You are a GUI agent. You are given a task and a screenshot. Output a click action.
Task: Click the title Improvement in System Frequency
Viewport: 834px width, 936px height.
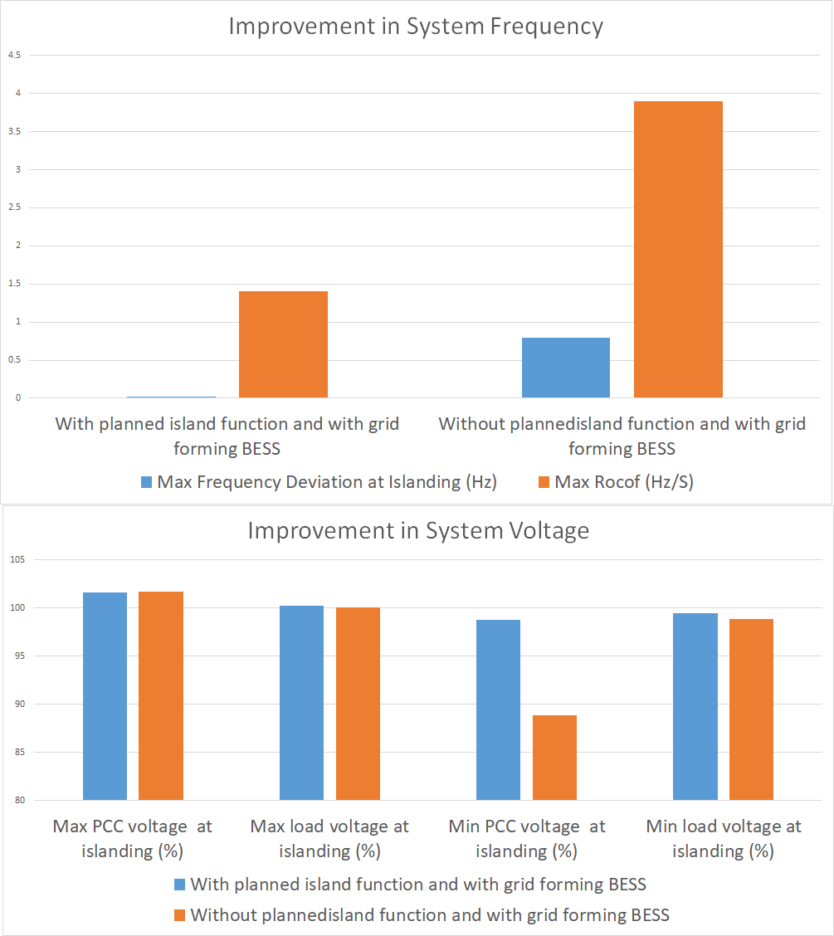click(416, 27)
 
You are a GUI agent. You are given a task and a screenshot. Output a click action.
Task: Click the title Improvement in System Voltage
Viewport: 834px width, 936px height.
click(418, 530)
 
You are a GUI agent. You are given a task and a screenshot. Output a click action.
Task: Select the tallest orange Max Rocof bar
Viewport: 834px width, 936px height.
click(678, 249)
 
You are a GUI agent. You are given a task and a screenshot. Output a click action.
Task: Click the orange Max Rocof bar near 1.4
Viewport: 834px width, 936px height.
click(283, 344)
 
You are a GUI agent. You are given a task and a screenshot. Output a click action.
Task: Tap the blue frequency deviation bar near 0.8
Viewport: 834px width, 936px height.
click(566, 368)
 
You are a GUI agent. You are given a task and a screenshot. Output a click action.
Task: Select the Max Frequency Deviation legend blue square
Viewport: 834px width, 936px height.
click(147, 482)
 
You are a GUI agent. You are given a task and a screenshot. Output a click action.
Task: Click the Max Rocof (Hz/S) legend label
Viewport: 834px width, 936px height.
click(624, 482)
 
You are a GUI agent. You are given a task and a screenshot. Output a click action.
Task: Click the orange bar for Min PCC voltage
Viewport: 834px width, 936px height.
click(554, 758)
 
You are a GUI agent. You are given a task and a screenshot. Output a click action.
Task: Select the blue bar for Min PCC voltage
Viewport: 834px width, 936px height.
click(498, 709)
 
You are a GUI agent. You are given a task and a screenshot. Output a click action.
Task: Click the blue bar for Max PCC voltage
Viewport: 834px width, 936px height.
click(105, 696)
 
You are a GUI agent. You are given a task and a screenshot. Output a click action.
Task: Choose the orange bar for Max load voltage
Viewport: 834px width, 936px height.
click(358, 704)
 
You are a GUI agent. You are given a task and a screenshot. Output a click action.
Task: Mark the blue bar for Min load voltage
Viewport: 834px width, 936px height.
click(695, 706)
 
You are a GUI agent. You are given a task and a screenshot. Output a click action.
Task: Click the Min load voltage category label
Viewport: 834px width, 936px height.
click(724, 838)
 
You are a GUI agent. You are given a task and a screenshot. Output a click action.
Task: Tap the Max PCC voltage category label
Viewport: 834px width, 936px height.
click(133, 838)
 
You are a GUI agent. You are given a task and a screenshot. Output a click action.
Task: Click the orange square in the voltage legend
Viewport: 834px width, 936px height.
click(180, 915)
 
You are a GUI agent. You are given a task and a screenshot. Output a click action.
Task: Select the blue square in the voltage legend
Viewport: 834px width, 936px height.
click(180, 885)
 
